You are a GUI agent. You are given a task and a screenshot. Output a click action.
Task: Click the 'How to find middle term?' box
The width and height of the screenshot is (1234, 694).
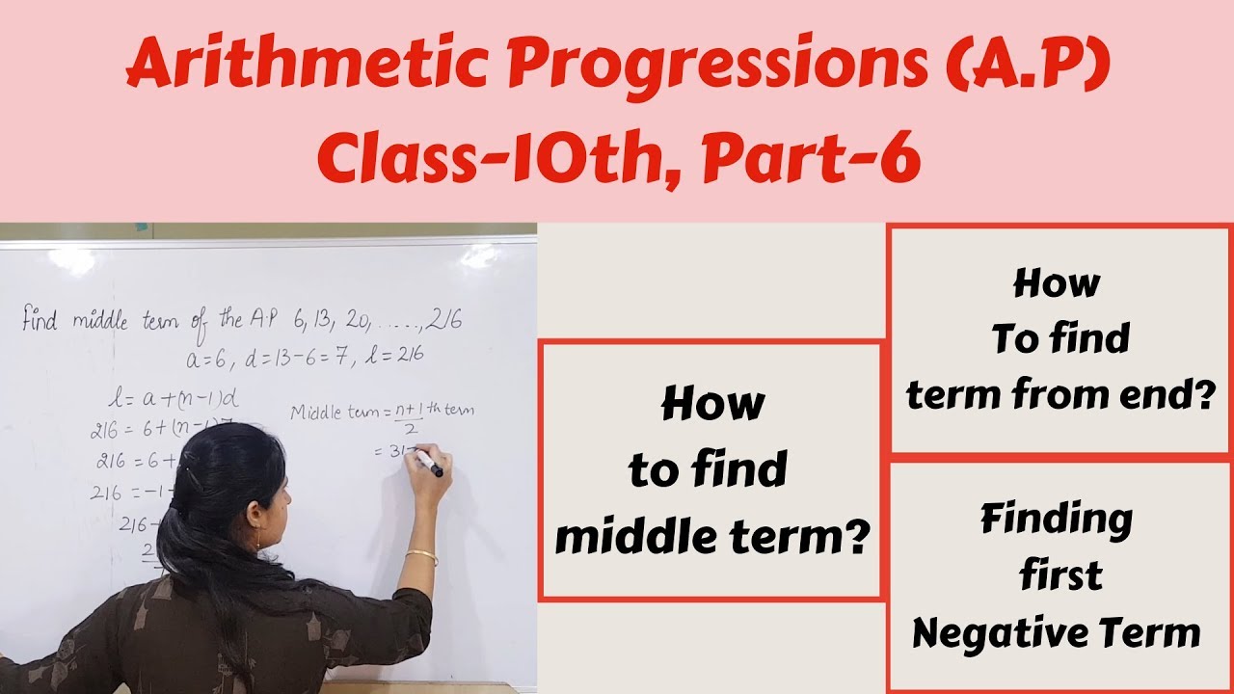click(711, 469)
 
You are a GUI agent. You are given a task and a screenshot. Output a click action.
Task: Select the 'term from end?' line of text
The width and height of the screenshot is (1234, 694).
click(1059, 393)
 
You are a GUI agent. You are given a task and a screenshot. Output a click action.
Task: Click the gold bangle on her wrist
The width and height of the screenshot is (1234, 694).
click(421, 556)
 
